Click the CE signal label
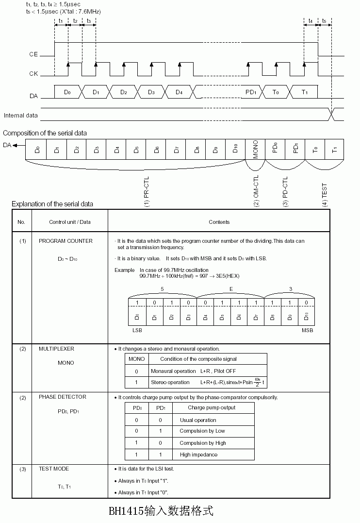pyautogui.click(x=33, y=54)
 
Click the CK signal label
pyautogui.click(x=33, y=74)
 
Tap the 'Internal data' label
pyautogui.click(x=21, y=115)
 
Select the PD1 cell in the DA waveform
pyautogui.click(x=250, y=92)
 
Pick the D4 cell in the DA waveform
pyautogui.click(x=179, y=92)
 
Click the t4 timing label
pyautogui.click(x=311, y=21)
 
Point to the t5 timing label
pyautogui.click(x=324, y=21)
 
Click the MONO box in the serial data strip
pyautogui.click(x=256, y=150)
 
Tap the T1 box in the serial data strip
pyautogui.click(x=334, y=150)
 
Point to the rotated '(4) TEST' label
pyautogui.click(x=325, y=195)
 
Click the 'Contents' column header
pyautogui.click(x=219, y=222)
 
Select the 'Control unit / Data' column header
pyautogui.click(x=70, y=222)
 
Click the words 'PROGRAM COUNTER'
pyautogui.click(x=65, y=241)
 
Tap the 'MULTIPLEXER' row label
pyautogui.click(x=57, y=349)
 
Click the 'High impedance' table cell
pyautogui.click(x=198, y=455)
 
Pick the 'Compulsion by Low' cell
pyautogui.click(x=202, y=431)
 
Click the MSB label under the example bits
pyautogui.click(x=307, y=330)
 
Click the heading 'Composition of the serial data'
pyautogui.click(x=45, y=133)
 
